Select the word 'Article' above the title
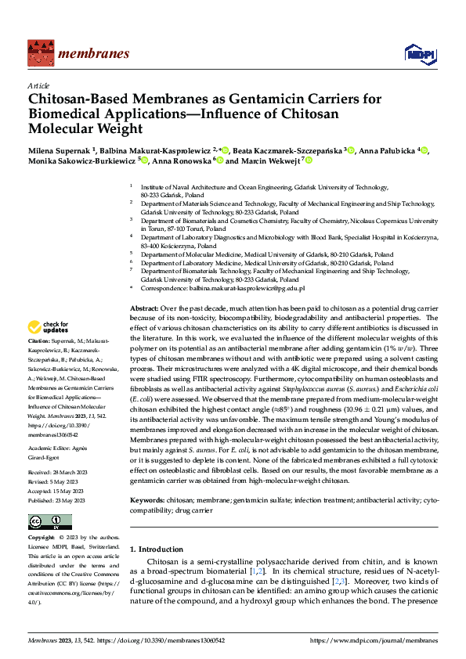coord(38,85)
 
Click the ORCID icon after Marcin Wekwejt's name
coord(309,160)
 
